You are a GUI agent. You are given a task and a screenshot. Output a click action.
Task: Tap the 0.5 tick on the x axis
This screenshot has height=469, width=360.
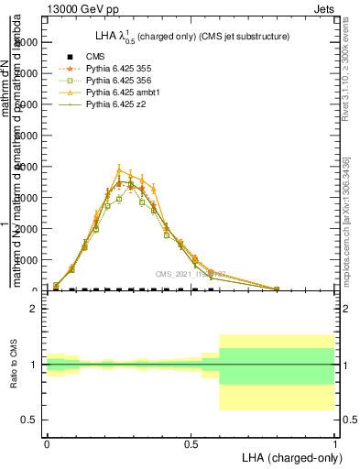click(191, 442)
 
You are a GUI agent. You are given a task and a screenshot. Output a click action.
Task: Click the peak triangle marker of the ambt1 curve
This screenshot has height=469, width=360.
click(119, 169)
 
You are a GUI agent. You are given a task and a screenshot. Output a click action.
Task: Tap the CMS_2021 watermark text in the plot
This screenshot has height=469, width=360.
click(190, 274)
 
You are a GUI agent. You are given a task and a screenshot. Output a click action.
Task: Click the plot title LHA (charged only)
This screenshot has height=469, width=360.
click(197, 37)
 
